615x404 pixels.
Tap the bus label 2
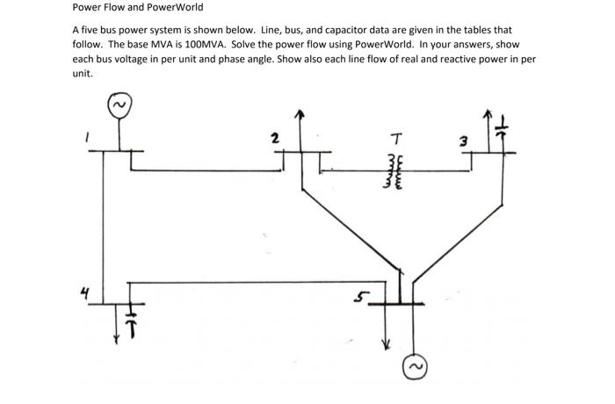point(274,138)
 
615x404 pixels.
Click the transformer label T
point(398,137)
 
